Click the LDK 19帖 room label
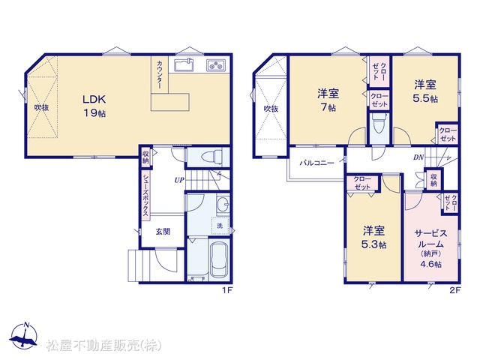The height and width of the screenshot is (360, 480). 94,106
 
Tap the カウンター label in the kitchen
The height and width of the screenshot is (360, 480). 160,75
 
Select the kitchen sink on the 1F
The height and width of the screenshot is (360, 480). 184,65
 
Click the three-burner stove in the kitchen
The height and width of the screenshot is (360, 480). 216,65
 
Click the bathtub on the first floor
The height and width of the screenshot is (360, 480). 219,259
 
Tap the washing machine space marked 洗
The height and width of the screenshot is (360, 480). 220,226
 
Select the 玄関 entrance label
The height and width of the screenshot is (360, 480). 163,232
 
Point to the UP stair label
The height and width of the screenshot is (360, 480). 179,180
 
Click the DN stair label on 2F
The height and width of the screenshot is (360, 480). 418,157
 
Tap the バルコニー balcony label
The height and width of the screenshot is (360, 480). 316,163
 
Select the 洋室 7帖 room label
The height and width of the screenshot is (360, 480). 328,100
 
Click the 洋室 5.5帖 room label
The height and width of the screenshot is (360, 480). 426,91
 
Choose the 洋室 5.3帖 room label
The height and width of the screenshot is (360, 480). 374,237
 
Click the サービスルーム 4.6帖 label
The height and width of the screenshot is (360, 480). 430,248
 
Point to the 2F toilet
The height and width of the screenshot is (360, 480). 379,124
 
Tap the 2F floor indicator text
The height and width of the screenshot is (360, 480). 454,290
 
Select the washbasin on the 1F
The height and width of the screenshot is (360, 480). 223,203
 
